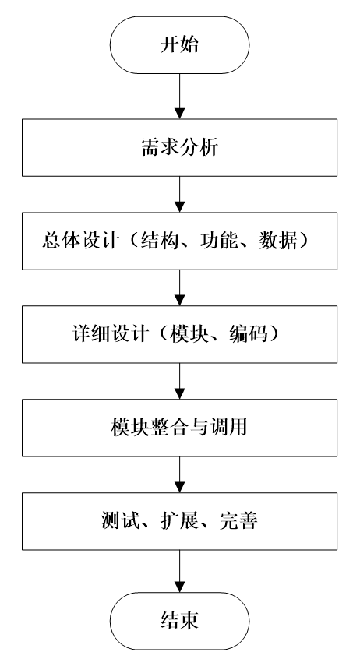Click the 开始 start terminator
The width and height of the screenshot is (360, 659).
[x=179, y=45]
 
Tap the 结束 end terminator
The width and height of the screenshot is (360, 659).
[x=179, y=621]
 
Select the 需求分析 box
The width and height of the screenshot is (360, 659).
[x=179, y=147]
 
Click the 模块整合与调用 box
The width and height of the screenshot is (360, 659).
[x=179, y=428]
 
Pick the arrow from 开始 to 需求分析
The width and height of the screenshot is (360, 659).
[x=179, y=97]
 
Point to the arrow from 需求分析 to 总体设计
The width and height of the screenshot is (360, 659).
[x=179, y=194]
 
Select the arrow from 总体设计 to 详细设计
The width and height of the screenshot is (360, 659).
[x=179, y=287]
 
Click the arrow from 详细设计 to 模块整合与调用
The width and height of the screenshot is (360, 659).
[x=179, y=381]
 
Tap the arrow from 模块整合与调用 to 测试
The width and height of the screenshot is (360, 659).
[x=179, y=474]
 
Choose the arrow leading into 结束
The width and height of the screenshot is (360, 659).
[x=179, y=571]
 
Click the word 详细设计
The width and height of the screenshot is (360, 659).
[x=110, y=334]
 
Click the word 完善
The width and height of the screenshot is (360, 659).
[x=238, y=521]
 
